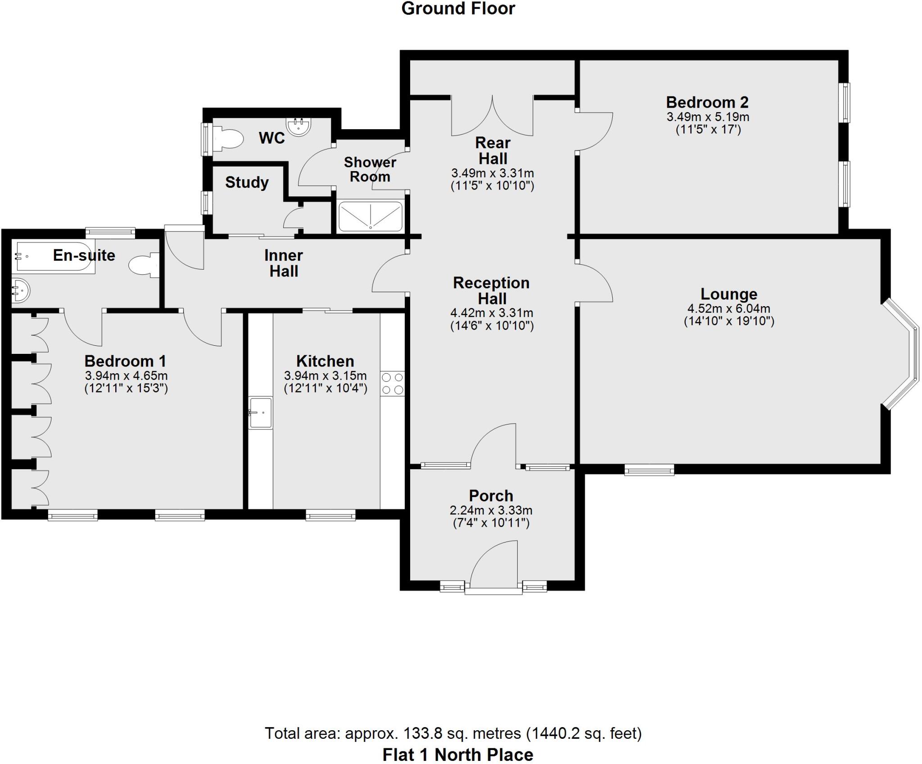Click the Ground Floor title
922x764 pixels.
pos(458,9)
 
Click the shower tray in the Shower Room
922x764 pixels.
pos(370,216)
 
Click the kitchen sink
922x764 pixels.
pos(260,412)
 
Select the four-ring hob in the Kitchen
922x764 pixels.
pos(392,383)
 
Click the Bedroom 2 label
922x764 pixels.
pos(707,102)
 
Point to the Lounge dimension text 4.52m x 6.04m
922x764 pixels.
pos(728,309)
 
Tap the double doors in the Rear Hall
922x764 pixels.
pos(493,117)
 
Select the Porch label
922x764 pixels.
pos(491,496)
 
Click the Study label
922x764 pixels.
pos(247,182)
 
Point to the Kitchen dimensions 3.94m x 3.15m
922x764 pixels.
pos(325,375)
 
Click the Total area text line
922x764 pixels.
pos(453,733)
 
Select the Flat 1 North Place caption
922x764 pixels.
pos(458,754)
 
